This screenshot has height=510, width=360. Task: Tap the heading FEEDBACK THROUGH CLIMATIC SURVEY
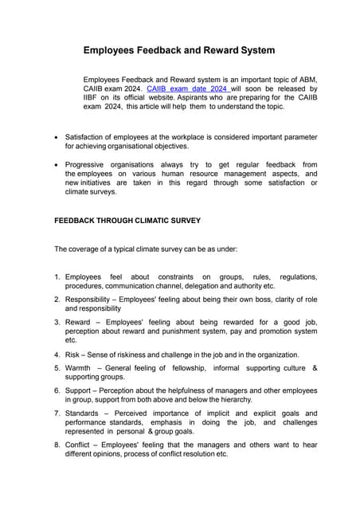(127, 220)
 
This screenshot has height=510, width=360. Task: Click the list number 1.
(57, 277)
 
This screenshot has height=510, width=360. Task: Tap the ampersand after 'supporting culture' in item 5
(315, 367)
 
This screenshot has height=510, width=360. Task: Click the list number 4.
(57, 354)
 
